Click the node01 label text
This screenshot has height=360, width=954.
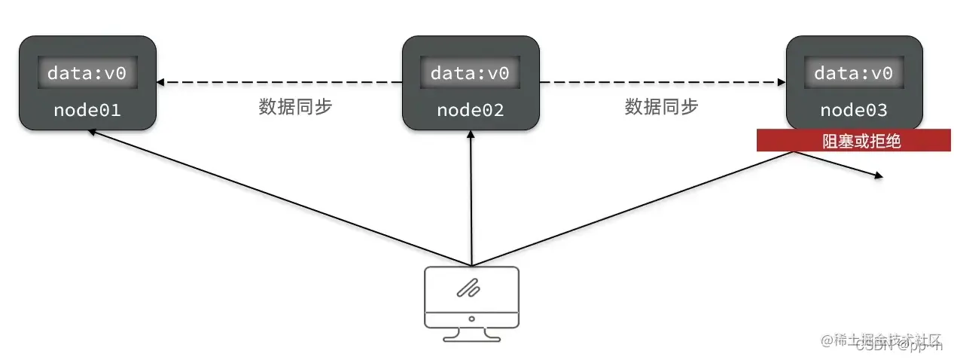coord(87,110)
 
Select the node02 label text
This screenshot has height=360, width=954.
coord(470,110)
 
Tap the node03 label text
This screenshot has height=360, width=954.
coord(853,110)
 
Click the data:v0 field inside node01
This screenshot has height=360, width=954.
coord(87,73)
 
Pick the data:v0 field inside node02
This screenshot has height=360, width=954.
coord(470,73)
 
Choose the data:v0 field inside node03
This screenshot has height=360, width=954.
coord(853,73)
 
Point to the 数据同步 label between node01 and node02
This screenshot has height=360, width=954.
coord(295,107)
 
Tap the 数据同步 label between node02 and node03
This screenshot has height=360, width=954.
coord(661,107)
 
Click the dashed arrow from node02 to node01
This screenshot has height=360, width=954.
coord(279,81)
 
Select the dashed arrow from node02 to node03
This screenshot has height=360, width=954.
coord(663,81)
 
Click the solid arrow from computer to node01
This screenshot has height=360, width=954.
coord(279,197)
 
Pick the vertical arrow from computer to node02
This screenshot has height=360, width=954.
coord(471,200)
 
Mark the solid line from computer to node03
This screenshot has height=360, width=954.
coord(632,209)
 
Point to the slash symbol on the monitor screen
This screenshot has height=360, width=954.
coord(471,288)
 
